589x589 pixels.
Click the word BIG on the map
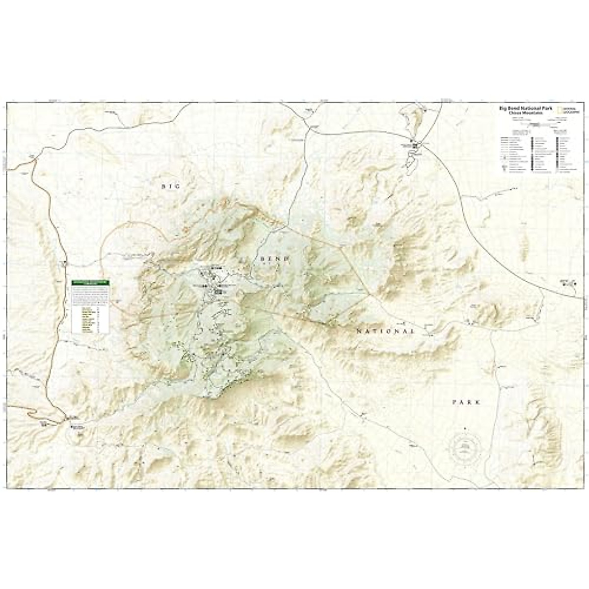click(x=172, y=186)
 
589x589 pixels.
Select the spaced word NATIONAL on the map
click(x=385, y=332)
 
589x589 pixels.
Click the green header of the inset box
click(x=90, y=282)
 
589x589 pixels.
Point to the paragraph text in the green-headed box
click(x=90, y=294)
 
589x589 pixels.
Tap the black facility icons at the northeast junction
click(x=415, y=146)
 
